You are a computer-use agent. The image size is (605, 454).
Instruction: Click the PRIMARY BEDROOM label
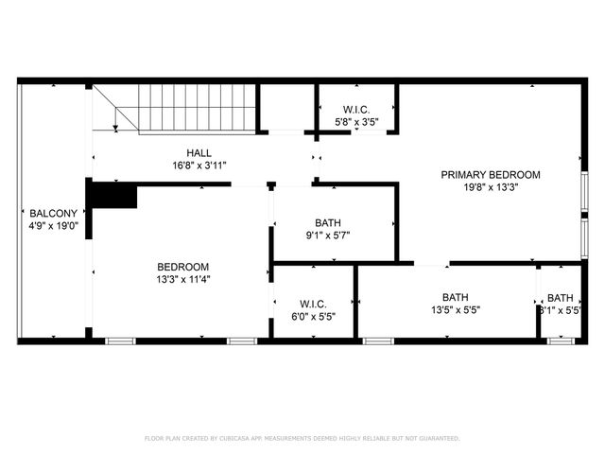coord(491,174)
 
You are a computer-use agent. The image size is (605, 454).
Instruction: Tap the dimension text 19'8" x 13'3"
coord(491,187)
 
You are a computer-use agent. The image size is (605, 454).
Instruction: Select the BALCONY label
coord(46,213)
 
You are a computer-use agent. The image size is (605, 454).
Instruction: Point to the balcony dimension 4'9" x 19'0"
coord(46,226)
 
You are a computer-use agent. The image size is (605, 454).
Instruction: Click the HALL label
coord(199,152)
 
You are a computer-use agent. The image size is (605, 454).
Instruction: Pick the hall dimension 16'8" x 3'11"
coord(199,166)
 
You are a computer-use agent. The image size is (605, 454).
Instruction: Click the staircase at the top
coord(198,107)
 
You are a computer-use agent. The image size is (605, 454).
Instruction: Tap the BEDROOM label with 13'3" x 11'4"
coord(182,267)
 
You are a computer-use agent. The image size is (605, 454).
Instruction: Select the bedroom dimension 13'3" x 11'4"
coord(182,279)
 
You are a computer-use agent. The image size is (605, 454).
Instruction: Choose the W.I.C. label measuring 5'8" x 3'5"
coord(355,110)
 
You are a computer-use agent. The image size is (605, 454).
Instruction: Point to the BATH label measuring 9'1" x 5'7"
coord(328,223)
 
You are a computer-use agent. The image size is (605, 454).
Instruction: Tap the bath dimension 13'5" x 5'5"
coord(455,309)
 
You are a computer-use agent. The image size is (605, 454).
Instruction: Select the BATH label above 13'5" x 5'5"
coord(455,296)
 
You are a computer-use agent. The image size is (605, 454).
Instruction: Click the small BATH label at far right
coord(560,297)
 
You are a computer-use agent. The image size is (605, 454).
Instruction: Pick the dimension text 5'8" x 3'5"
coord(355,122)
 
